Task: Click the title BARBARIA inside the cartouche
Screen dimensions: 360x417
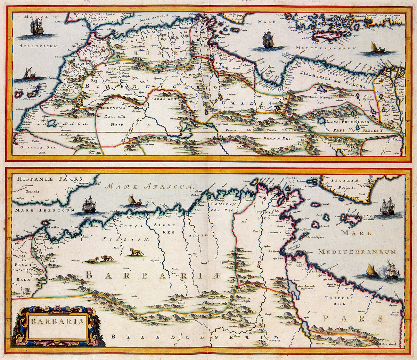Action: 57,321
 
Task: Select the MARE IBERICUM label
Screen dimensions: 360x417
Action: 32,210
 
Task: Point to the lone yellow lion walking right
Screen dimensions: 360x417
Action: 137,252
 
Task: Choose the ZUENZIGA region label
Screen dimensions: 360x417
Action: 114,108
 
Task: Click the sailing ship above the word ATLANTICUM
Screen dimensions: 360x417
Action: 37,27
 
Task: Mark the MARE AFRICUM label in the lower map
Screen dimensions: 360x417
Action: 149,187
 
